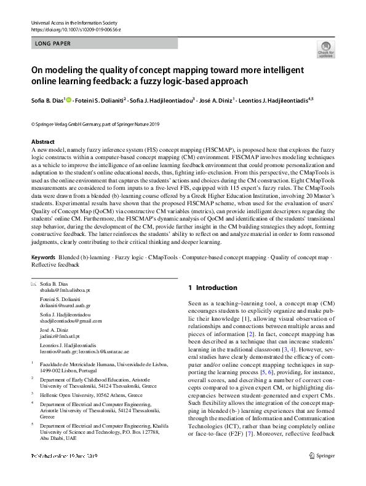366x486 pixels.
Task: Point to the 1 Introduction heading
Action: coord(212,288)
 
